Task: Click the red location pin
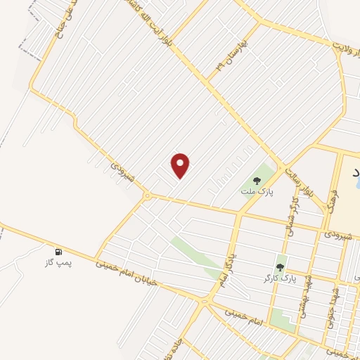click(x=181, y=165)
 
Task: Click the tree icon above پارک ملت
click(x=257, y=181)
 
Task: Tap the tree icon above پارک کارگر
click(x=281, y=267)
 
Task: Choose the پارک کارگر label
click(x=283, y=278)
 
